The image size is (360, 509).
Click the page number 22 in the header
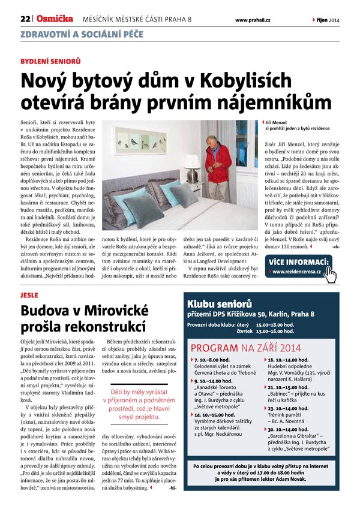point(25,20)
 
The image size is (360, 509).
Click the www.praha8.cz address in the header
point(253,20)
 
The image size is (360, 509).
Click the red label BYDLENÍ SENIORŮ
point(50,61)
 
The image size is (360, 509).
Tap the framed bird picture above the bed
point(140,139)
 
